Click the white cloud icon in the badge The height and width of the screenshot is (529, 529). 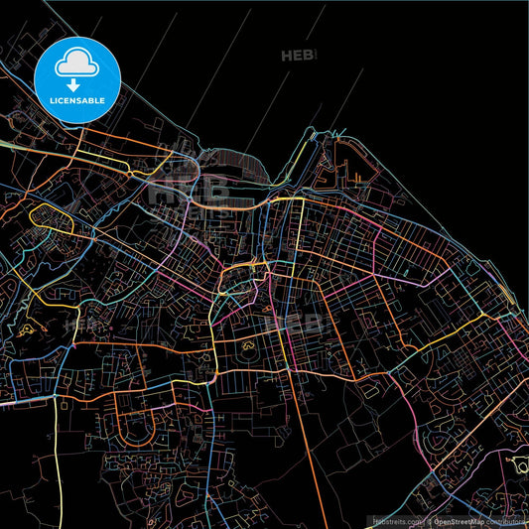tap(76, 63)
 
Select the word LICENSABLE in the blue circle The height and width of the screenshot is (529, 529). tap(76, 100)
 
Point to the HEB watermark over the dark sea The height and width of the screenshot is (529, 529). tap(297, 57)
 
